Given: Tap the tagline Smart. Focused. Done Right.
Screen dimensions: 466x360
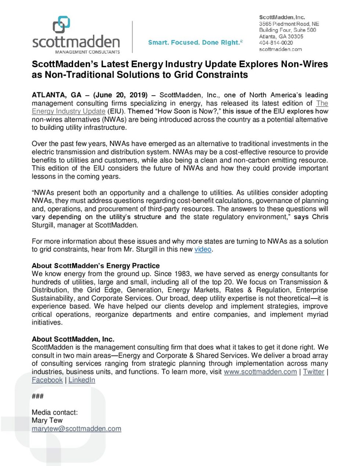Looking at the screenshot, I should click(x=195, y=43).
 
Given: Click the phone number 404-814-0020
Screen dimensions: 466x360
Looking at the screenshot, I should click(x=276, y=43).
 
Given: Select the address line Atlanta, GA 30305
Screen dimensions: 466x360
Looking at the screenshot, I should click(x=281, y=36).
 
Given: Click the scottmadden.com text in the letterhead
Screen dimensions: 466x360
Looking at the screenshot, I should click(x=280, y=49).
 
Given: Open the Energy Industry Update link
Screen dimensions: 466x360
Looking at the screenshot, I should click(x=68, y=111).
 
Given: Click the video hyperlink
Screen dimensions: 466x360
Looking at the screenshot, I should click(x=203, y=250).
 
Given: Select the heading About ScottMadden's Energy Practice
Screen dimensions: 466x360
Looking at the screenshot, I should click(x=96, y=266).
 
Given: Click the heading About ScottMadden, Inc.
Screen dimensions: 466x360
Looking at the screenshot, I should click(x=73, y=339).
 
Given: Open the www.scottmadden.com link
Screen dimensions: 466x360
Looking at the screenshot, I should click(x=260, y=372).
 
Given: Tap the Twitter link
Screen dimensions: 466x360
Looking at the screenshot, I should click(x=313, y=372).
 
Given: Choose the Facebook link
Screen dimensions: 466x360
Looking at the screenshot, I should click(x=47, y=380).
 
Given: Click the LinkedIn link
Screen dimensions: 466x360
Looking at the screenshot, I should click(x=82, y=380).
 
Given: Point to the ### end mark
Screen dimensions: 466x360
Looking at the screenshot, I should click(x=37, y=396).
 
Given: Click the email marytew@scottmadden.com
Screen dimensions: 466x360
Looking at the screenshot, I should click(x=76, y=429).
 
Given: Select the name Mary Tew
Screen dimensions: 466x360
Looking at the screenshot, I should click(x=47, y=420).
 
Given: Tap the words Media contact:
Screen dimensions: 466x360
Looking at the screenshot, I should click(x=55, y=412).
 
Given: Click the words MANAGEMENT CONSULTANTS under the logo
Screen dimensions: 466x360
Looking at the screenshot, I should click(x=87, y=52).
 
